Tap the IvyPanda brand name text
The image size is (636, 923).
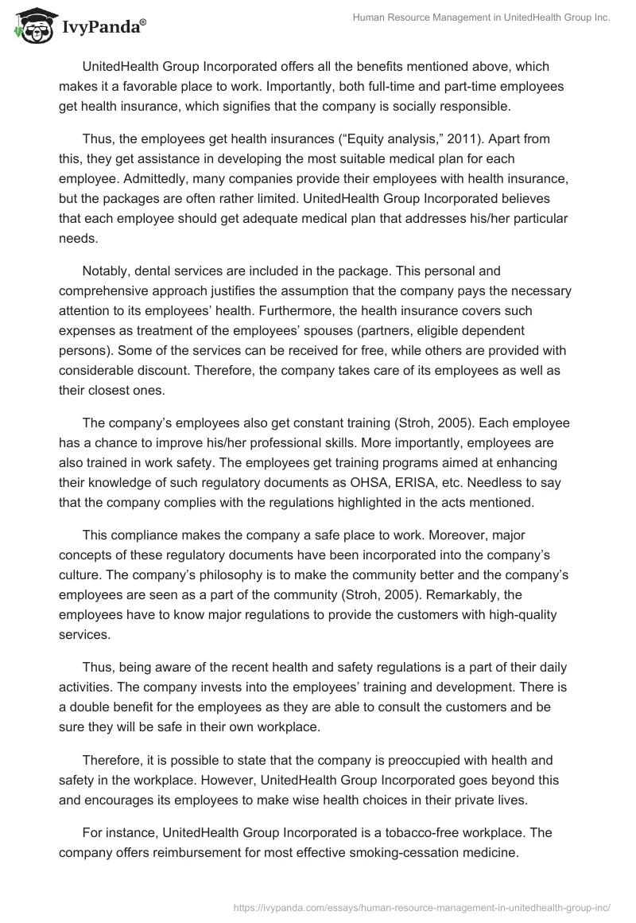tap(102, 27)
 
